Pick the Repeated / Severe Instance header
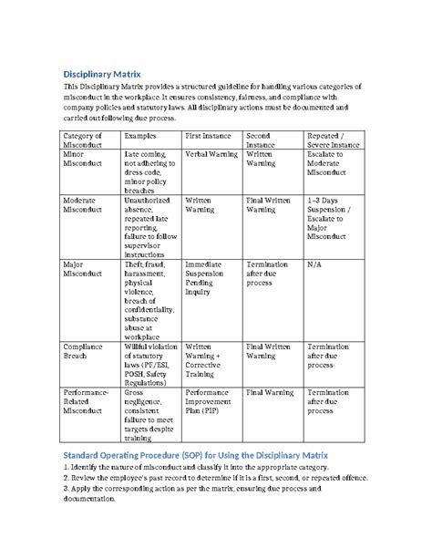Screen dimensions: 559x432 [x=332, y=140]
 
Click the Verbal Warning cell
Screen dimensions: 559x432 [x=211, y=155]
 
